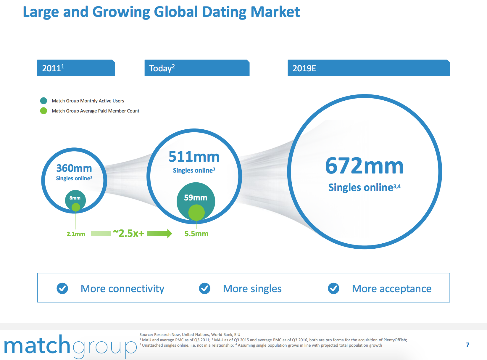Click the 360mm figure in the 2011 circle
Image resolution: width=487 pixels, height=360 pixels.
[x=74, y=168]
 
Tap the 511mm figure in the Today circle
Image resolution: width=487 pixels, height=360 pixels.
[x=194, y=157]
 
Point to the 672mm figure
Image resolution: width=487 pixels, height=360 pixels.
[x=364, y=166]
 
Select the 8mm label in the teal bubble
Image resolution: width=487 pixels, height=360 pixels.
[x=75, y=198]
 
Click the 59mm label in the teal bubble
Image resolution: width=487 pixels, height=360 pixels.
[x=195, y=197]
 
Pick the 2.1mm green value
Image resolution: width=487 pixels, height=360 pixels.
[x=76, y=234]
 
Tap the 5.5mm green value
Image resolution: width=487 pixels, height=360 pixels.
[x=196, y=234]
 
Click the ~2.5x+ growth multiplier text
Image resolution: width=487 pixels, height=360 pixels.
[x=128, y=233]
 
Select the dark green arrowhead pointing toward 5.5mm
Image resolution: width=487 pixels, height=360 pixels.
[x=170, y=233]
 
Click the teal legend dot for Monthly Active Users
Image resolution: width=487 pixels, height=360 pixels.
[x=43, y=101]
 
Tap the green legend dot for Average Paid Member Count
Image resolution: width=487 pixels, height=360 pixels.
[x=43, y=111]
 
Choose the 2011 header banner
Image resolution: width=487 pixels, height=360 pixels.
[x=76, y=68]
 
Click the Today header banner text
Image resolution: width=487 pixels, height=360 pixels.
[x=162, y=68]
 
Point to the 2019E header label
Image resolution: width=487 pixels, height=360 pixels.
[x=304, y=68]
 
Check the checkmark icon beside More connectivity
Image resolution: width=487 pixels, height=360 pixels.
[x=62, y=288]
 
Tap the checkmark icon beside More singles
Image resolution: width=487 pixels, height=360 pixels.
[x=205, y=288]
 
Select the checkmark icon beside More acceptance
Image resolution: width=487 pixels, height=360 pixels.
[x=333, y=288]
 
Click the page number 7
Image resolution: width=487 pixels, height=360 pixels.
[x=468, y=344]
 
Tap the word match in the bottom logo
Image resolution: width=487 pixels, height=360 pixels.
[x=37, y=345]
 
